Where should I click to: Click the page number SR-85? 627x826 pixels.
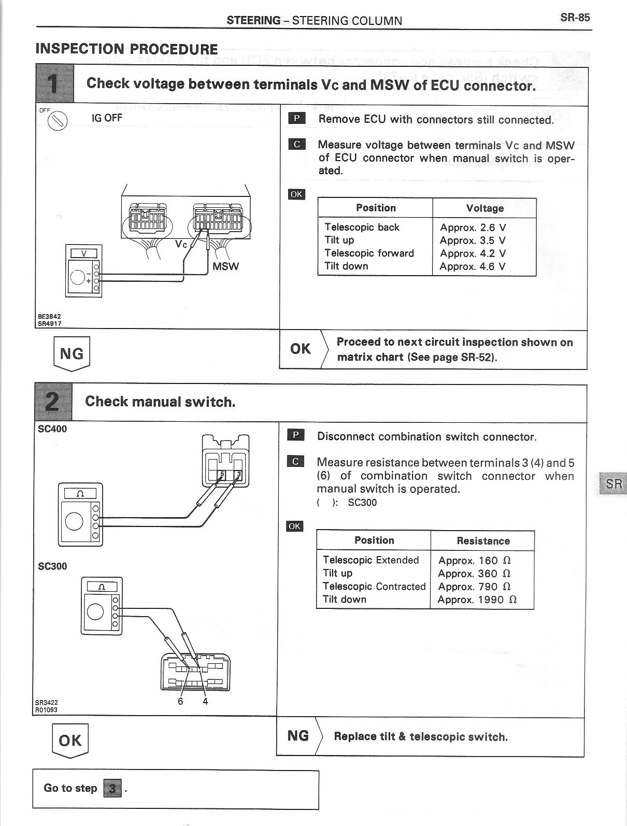575,18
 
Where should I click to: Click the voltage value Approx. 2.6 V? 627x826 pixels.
473,227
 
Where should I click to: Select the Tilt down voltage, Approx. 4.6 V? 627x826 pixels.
473,266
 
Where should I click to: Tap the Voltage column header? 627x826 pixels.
484,208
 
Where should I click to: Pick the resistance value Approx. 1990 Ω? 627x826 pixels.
477,600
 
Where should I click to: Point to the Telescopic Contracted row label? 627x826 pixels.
374,586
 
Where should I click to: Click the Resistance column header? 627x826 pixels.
483,541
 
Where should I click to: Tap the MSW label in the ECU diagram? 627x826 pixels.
226,266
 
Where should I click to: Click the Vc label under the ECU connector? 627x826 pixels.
181,244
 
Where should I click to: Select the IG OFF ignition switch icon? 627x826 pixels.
58,121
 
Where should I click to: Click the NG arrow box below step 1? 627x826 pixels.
72,354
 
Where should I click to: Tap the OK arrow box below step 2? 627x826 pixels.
70,740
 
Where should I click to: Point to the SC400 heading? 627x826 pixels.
52,429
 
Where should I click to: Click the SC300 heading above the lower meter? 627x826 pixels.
52,566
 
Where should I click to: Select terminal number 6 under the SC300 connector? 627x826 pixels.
180,701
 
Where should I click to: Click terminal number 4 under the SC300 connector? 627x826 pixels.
205,701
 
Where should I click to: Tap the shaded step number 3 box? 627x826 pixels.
113,788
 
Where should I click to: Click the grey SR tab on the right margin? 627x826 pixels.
612,483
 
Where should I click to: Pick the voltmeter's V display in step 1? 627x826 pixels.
83,253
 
